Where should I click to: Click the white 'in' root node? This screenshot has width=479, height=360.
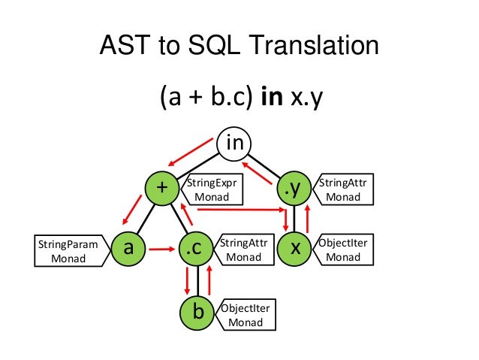tap(235, 143)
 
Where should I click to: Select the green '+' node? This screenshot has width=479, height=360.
tap(161, 189)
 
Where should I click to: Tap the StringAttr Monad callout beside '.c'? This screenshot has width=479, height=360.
tap(242, 250)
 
